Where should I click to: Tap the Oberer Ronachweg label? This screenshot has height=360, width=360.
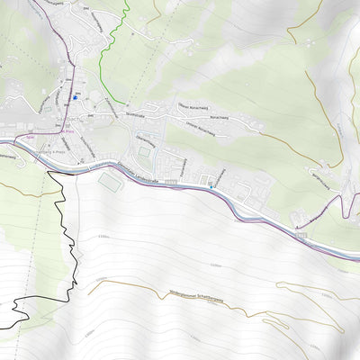(193, 105)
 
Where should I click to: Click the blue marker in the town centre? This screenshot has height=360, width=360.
(76, 96)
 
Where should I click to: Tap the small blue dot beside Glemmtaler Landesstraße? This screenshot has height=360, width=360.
(209, 184)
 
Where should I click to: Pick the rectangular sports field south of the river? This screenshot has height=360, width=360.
(110, 183)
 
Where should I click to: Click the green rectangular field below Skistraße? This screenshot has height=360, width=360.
(144, 153)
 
